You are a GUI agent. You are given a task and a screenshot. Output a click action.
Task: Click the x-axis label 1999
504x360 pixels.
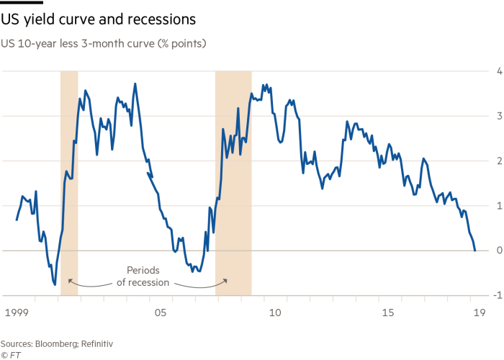16,313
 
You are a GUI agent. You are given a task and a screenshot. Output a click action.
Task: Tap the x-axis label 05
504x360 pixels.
160,313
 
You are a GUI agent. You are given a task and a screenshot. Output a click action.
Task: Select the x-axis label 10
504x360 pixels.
274,313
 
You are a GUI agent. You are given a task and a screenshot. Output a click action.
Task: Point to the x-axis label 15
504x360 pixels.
388,313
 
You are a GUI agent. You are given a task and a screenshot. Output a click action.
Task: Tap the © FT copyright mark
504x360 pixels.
10,354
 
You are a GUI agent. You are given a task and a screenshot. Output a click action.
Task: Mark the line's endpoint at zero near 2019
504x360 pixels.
475,250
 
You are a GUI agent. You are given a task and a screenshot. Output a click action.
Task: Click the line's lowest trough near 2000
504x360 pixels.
55,284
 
